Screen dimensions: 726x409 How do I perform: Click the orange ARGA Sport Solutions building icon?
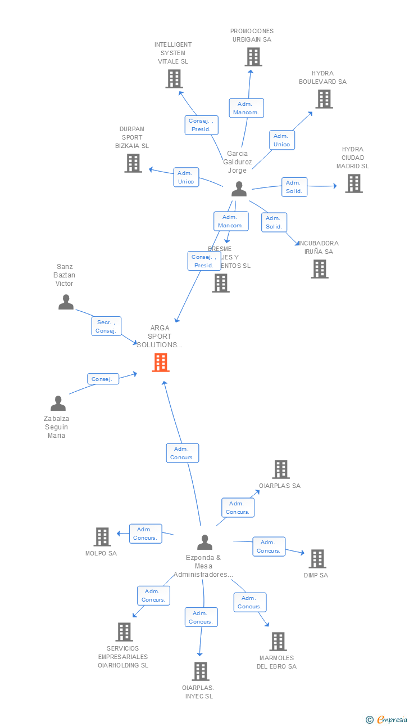point(161,362)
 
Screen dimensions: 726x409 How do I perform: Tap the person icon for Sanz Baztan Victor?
point(66,302)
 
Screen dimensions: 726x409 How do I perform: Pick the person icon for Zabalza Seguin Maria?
point(58,404)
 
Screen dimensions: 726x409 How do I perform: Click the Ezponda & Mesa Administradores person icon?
point(204,542)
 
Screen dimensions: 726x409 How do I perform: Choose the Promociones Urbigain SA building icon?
point(253,57)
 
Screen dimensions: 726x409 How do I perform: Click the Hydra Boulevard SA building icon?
point(324,99)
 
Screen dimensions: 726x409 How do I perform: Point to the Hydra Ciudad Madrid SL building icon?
point(353,183)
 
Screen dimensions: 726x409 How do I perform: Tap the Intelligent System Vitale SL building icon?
point(174,79)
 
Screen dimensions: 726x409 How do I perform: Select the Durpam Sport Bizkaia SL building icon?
point(133,163)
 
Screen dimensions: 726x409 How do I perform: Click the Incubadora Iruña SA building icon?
point(319,269)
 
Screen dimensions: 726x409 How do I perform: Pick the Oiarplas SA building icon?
point(280,469)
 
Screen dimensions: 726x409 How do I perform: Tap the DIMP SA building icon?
point(317,559)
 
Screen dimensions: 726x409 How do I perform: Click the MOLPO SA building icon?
point(102,537)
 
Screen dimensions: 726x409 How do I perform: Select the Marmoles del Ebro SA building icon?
point(278,642)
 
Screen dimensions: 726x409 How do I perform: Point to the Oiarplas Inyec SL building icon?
point(200,671)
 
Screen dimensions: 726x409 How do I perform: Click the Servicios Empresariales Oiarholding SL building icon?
point(124,632)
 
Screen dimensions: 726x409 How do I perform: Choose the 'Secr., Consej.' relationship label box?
point(106,326)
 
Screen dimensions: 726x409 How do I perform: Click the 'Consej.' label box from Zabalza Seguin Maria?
point(103,379)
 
